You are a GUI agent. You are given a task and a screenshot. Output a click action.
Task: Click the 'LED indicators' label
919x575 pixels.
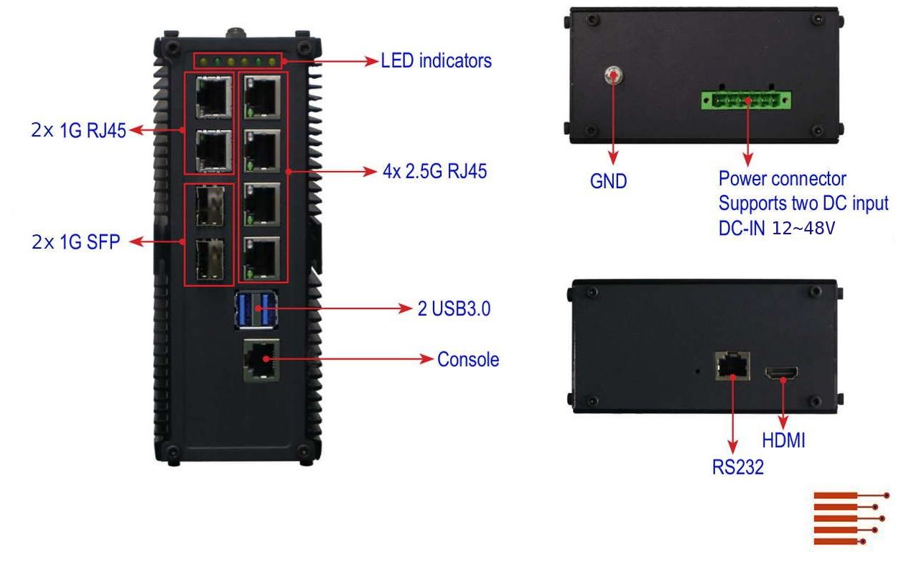pos(436,61)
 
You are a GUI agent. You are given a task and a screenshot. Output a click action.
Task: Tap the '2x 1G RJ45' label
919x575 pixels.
pos(79,131)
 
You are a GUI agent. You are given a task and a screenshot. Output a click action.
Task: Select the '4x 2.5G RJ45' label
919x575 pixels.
pos(435,172)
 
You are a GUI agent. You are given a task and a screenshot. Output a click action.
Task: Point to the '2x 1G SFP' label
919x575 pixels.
pos(75,242)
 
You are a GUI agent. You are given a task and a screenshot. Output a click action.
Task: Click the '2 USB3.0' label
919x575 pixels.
pos(454,309)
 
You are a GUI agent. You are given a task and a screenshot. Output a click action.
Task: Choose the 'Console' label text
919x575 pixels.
pos(468,359)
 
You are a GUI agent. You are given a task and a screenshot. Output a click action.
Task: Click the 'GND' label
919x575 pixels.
pos(608,182)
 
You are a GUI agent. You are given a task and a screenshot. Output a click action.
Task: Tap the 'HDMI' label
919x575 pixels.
pos(783,440)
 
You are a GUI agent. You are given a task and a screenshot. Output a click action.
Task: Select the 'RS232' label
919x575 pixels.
pos(737,468)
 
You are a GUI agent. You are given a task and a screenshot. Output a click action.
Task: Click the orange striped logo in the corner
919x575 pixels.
pos(851,518)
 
